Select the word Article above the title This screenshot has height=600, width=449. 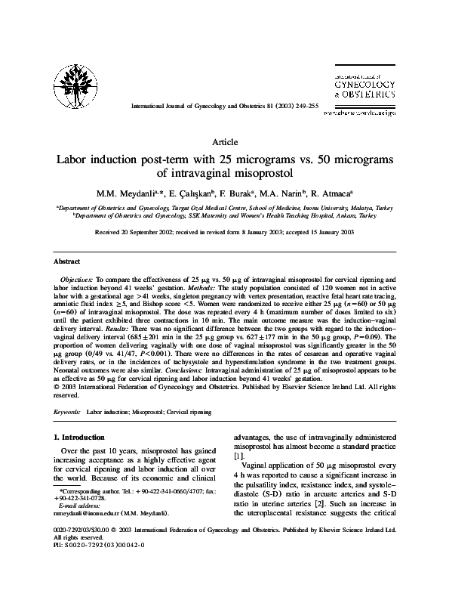pyautogui.click(x=224, y=142)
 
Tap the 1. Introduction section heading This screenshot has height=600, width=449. pyautogui.click(x=82, y=438)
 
